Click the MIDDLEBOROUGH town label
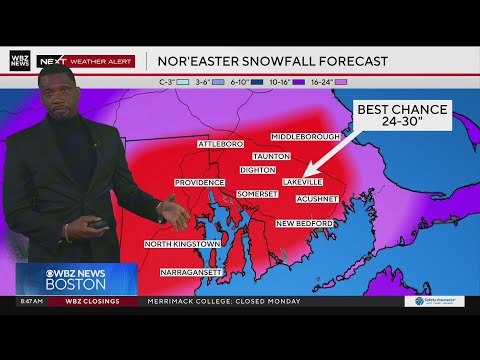306,136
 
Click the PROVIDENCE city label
199,183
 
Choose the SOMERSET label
258,193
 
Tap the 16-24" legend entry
321,81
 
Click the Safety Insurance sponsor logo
434,301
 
